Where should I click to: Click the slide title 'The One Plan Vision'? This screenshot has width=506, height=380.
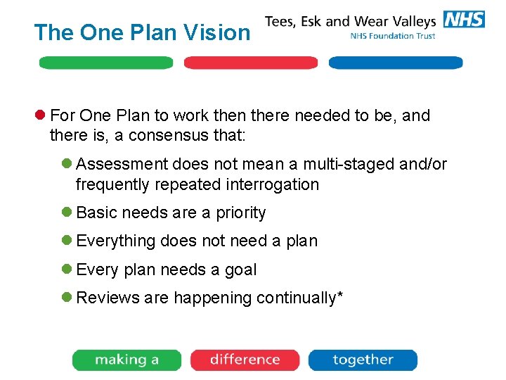(x=142, y=32)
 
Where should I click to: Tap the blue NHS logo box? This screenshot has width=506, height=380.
(x=464, y=19)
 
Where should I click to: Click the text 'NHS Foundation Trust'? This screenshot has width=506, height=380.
(x=392, y=36)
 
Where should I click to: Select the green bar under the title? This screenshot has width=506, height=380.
(x=105, y=63)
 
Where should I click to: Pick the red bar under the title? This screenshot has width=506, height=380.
(x=251, y=63)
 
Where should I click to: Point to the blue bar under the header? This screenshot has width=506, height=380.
(x=396, y=63)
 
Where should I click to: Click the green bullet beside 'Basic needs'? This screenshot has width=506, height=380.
(x=66, y=213)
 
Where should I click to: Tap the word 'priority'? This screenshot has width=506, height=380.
(x=240, y=213)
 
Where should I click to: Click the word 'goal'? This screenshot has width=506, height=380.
(x=241, y=270)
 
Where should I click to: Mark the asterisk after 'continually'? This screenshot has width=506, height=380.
(x=340, y=296)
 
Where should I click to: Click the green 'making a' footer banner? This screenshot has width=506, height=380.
(x=126, y=360)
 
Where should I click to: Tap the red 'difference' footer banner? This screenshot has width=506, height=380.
(x=245, y=360)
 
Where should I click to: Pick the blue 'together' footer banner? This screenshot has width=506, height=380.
(x=363, y=360)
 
